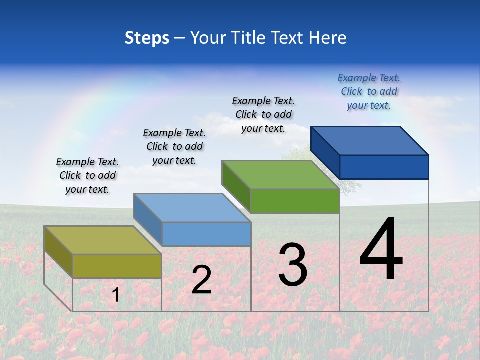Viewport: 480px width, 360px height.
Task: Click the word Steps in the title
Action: (x=147, y=38)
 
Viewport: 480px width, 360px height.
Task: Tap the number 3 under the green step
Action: (x=293, y=265)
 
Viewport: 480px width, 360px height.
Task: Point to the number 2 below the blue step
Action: (x=201, y=280)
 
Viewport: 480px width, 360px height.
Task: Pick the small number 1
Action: (x=115, y=295)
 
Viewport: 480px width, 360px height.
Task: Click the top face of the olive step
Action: (x=102, y=240)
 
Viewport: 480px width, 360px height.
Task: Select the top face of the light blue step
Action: (x=192, y=208)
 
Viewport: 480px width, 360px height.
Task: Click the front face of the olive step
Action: (x=117, y=266)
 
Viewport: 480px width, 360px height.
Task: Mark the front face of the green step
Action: (x=295, y=201)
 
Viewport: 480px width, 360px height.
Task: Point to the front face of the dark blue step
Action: (x=384, y=167)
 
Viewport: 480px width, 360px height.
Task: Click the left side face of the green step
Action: (x=236, y=186)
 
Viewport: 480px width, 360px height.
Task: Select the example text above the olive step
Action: (x=87, y=175)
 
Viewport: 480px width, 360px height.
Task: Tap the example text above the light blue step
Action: (x=174, y=146)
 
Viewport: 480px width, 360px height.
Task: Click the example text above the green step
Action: (x=263, y=114)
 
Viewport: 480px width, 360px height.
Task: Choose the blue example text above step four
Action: (x=369, y=91)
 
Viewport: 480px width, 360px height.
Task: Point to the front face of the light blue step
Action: (x=206, y=234)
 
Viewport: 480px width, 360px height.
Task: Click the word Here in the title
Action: (x=328, y=38)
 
